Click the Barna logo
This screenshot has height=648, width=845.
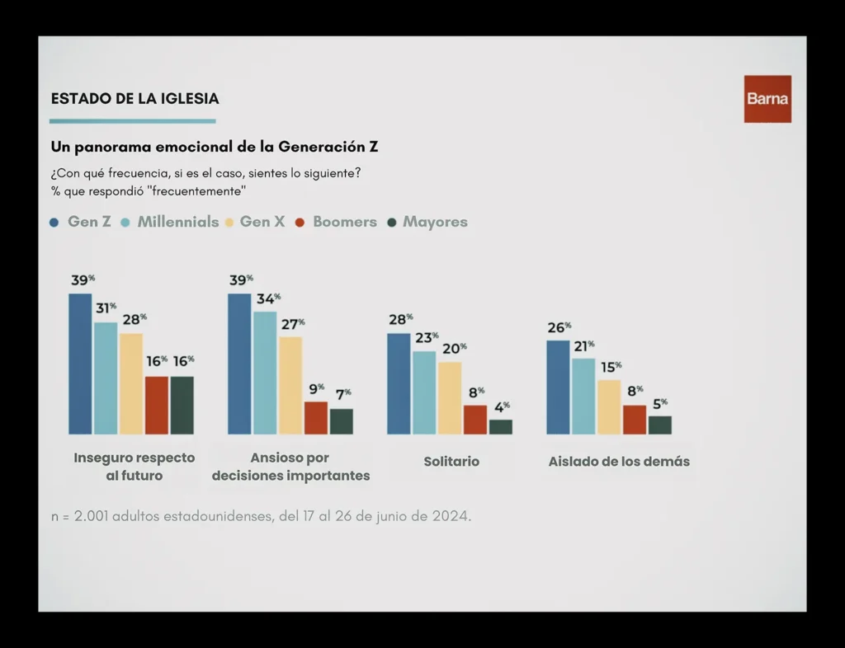(767, 99)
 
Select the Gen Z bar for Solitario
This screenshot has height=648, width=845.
(398, 383)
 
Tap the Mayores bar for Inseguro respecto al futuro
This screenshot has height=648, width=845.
(182, 405)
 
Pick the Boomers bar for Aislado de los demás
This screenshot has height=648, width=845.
(635, 420)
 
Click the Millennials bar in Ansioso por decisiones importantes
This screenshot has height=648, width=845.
(265, 373)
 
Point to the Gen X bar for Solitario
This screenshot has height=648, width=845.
(450, 397)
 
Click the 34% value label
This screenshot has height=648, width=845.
(267, 298)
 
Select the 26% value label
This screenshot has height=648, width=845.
(559, 327)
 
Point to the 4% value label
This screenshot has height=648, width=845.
(501, 406)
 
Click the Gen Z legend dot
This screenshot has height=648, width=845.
(54, 223)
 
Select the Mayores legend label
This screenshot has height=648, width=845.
(435, 222)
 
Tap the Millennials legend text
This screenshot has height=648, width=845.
(177, 222)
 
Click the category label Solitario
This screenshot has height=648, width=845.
(451, 462)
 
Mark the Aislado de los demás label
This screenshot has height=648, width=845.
(619, 462)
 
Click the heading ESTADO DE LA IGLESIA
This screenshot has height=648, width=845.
(135, 99)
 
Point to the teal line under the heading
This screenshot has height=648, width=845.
(133, 121)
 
